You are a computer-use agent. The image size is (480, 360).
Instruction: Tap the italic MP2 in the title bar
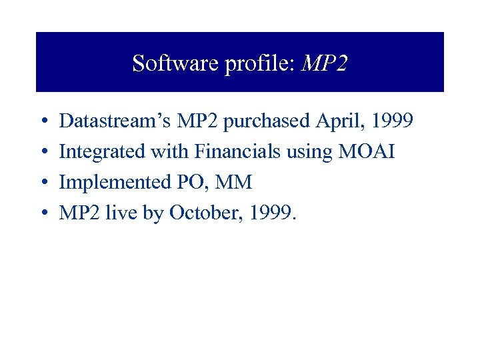click(x=325, y=63)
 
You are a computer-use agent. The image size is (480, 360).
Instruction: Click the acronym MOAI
click(x=367, y=152)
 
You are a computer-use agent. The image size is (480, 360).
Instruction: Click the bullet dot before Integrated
click(x=43, y=153)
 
